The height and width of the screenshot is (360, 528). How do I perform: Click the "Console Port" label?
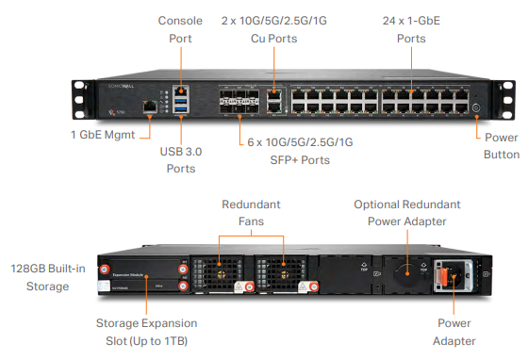(x=180, y=28)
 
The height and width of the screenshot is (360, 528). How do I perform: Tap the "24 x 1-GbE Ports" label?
(x=411, y=28)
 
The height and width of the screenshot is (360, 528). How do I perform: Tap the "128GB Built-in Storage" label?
(x=43, y=277)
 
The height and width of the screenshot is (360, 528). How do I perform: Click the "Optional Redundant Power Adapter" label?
(x=406, y=213)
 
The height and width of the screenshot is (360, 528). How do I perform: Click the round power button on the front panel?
(x=475, y=106)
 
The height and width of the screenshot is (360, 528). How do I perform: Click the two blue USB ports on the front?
(x=179, y=104)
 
